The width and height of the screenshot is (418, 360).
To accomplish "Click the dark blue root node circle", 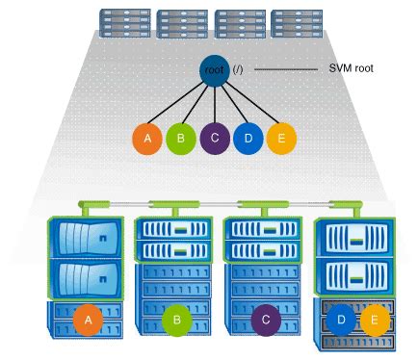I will pos(213,70).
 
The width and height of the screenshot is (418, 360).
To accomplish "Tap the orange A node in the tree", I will pos(147,139).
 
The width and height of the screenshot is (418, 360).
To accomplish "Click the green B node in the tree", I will pos(180,139).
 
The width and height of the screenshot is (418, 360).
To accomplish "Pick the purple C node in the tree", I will pos(214,139).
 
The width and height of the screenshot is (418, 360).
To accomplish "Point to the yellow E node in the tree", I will pos(279,139).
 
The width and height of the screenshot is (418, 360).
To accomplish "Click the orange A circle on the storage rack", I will pos(89,320).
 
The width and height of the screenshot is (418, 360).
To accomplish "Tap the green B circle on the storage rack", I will pos(176,320).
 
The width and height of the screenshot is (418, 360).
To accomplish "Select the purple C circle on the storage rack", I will pos(264,320).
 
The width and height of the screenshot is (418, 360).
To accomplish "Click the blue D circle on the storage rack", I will pos(340,320).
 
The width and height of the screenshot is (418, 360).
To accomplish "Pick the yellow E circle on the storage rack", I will pos(373,320).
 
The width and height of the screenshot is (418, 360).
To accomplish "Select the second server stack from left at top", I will pos(179,22).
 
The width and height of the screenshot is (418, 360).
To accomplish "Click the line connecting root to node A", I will pos(178,106).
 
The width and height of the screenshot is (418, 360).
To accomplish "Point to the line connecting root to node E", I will pos(248,106).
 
